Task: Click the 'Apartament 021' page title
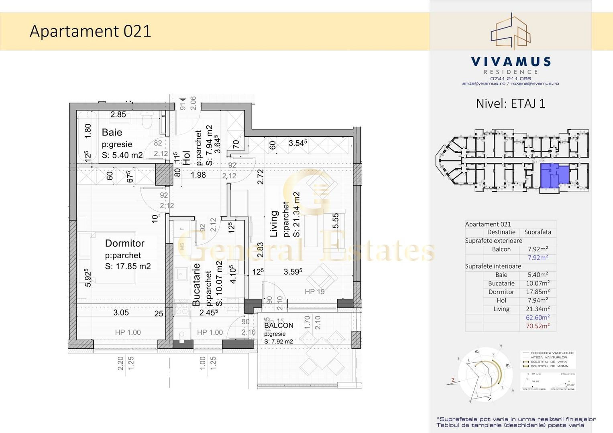pyautogui.click(x=90, y=31)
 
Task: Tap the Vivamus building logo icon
pyautogui.click(x=511, y=32)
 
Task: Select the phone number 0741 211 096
pyautogui.click(x=510, y=79)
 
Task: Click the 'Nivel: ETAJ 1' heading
pyautogui.click(x=510, y=103)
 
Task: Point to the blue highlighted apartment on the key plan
pyautogui.click(x=554, y=176)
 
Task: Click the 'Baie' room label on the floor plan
pyautogui.click(x=112, y=132)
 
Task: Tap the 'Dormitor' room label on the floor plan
pyautogui.click(x=124, y=243)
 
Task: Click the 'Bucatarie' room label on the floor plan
pyautogui.click(x=196, y=284)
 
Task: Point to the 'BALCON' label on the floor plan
pyautogui.click(x=279, y=326)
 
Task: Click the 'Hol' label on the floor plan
pyautogui.click(x=186, y=158)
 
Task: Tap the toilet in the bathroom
pyautogui.click(x=147, y=119)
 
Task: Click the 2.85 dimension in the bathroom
pyautogui.click(x=118, y=114)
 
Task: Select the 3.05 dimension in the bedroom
pyautogui.click(x=121, y=313)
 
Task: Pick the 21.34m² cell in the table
pyautogui.click(x=538, y=309)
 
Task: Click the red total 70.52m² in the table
pyautogui.click(x=538, y=326)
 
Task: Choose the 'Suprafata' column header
pyautogui.click(x=538, y=232)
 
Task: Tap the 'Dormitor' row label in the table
pyautogui.click(x=501, y=292)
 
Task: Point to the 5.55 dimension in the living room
pyautogui.click(x=336, y=221)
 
